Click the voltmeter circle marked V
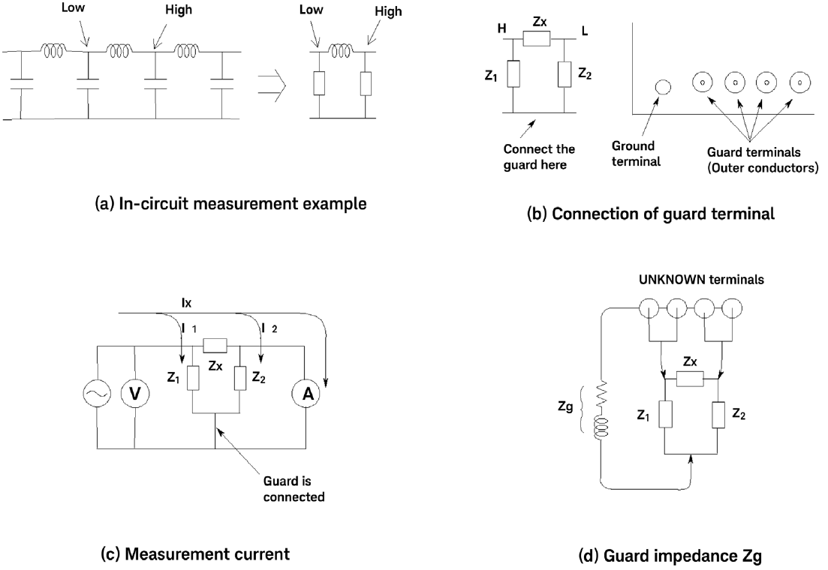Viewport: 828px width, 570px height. coord(137,391)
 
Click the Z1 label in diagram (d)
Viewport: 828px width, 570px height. coord(643,414)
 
